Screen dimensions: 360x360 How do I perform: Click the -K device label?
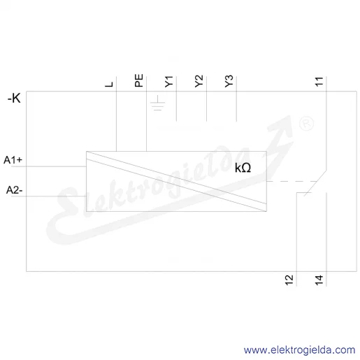14,98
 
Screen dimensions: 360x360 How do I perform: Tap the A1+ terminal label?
13,160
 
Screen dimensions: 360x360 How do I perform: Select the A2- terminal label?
14,190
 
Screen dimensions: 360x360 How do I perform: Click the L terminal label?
109,85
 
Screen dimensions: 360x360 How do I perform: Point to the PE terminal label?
139,80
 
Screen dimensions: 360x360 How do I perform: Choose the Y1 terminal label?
169,82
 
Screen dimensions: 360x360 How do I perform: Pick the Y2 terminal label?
199,81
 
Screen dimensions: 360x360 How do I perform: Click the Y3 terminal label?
229,81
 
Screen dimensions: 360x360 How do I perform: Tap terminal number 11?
319,82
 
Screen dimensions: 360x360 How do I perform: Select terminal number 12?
289,280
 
